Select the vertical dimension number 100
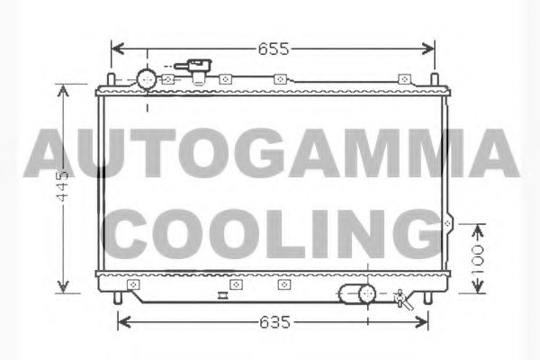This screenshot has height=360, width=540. coord(478,259)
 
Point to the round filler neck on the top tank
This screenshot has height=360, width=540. coord(146,77)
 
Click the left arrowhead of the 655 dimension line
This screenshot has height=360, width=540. coord(115,49)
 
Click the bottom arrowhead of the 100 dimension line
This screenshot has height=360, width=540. coord(478,290)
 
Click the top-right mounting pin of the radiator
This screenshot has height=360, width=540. coord(437,80)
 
